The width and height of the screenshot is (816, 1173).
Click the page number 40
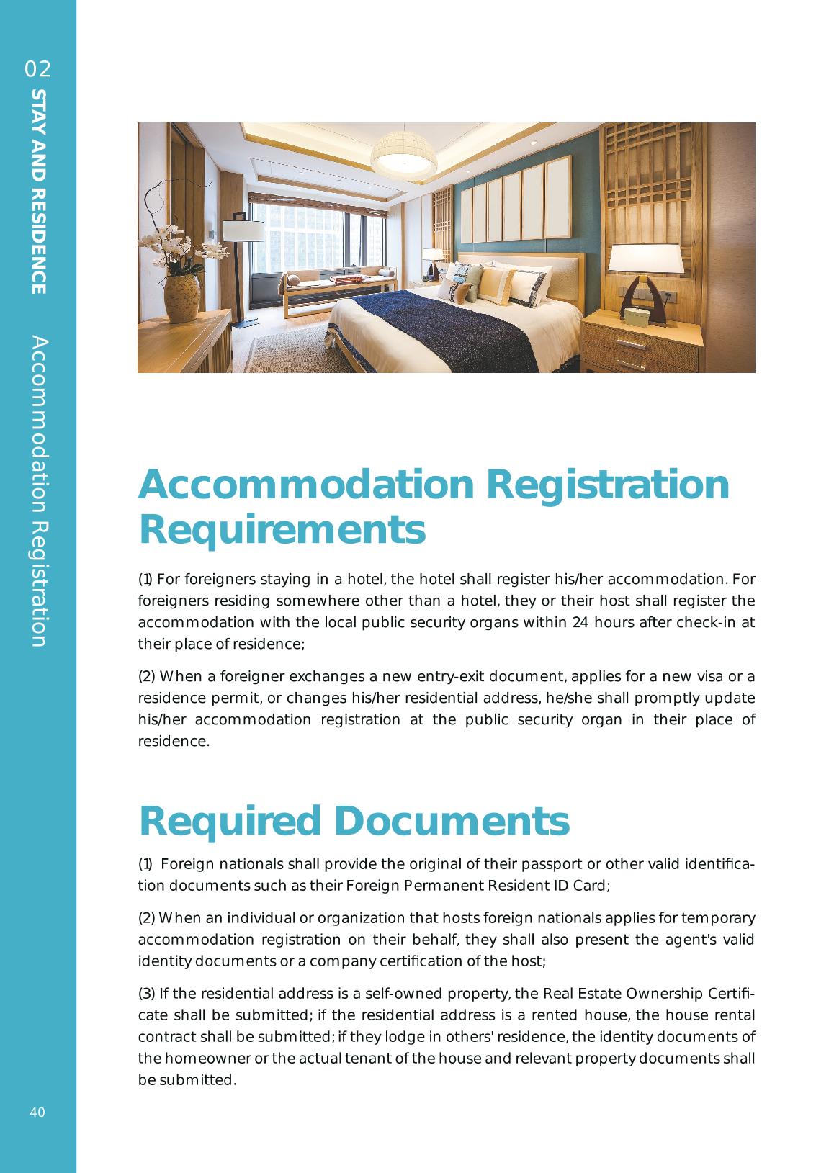[x=37, y=1113]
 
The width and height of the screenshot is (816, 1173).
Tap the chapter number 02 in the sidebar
[x=38, y=69]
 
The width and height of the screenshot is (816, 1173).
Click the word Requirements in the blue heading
[x=282, y=530]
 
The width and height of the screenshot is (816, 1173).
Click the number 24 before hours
[x=580, y=622]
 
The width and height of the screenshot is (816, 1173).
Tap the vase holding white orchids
[x=181, y=299]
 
